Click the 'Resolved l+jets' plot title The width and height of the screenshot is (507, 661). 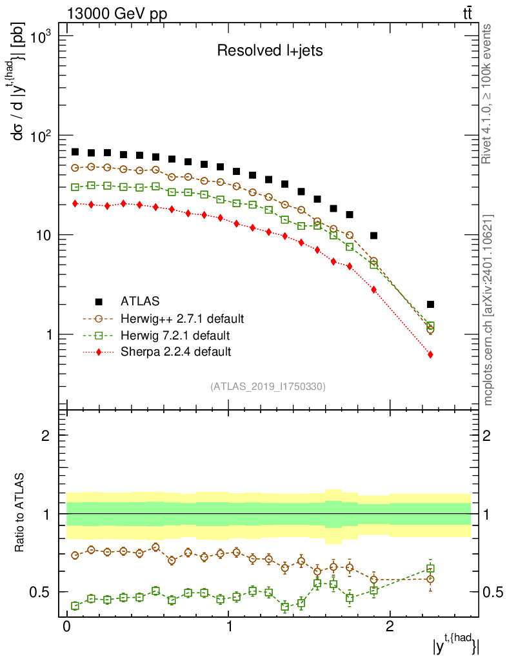(x=270, y=51)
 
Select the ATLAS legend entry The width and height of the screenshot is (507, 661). (x=141, y=301)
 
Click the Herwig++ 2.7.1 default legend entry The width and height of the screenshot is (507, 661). (x=182, y=318)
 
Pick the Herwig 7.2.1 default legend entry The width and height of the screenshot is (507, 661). (x=175, y=335)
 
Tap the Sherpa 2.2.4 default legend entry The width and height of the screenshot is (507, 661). (x=175, y=352)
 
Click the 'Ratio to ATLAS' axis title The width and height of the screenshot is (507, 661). (x=21, y=514)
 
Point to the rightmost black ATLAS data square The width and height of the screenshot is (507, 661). (x=430, y=304)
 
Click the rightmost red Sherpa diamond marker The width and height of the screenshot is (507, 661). (x=430, y=354)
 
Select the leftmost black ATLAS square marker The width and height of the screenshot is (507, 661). (x=75, y=152)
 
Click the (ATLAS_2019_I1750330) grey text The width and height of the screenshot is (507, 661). (x=268, y=387)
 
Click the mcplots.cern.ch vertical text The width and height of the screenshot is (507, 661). (x=488, y=310)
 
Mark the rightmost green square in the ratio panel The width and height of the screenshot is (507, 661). (x=430, y=569)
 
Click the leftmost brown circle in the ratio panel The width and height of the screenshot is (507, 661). (x=75, y=555)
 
